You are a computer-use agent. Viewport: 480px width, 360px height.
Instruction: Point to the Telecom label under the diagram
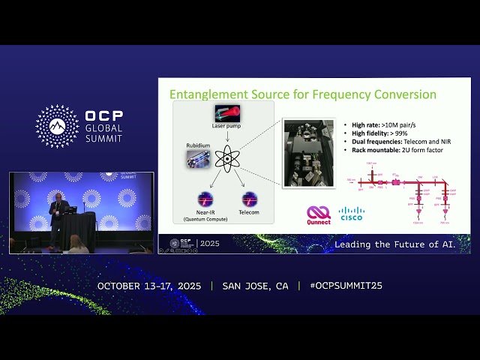pos(249,213)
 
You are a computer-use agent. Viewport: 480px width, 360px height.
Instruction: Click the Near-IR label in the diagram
pos(203,213)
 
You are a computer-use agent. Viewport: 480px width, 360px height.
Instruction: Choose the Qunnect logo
pos(319,214)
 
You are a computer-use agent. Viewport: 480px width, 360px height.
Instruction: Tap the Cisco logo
pos(351,214)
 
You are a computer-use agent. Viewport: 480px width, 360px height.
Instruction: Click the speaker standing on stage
pos(56,217)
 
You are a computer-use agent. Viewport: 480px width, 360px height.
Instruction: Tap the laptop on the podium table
pos(72,210)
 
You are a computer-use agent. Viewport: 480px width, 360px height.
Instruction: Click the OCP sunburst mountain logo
pos(57,126)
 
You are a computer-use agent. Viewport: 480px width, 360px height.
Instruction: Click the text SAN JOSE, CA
pos(255,286)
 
